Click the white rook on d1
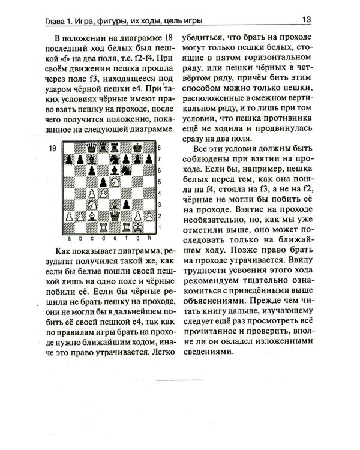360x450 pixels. [103, 227]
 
